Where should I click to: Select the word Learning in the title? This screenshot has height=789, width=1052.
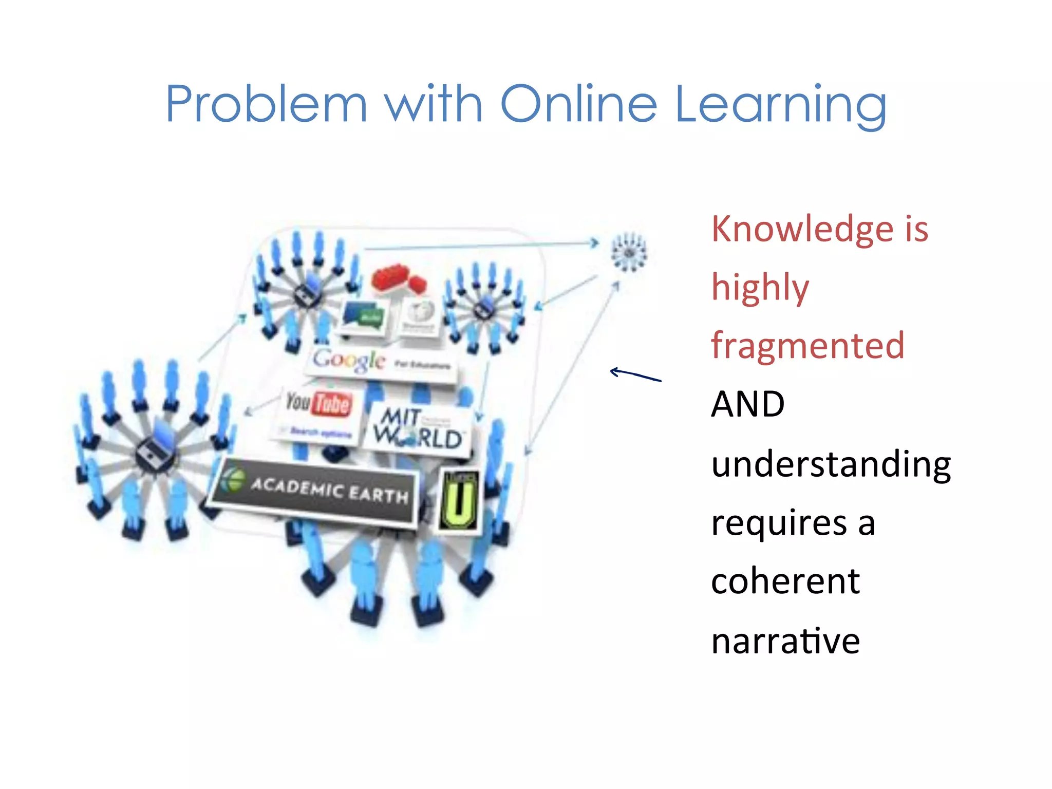point(781,105)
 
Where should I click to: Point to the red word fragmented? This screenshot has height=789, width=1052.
point(807,346)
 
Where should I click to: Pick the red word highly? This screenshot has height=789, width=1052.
point(760,288)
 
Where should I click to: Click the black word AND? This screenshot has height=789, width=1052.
point(747,404)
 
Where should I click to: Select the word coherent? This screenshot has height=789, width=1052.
point(785,581)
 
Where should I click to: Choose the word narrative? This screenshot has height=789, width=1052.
point(785,641)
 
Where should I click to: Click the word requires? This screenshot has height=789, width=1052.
point(779,523)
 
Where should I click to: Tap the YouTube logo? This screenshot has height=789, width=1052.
point(319,403)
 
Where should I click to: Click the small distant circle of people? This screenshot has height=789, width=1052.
point(629,252)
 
